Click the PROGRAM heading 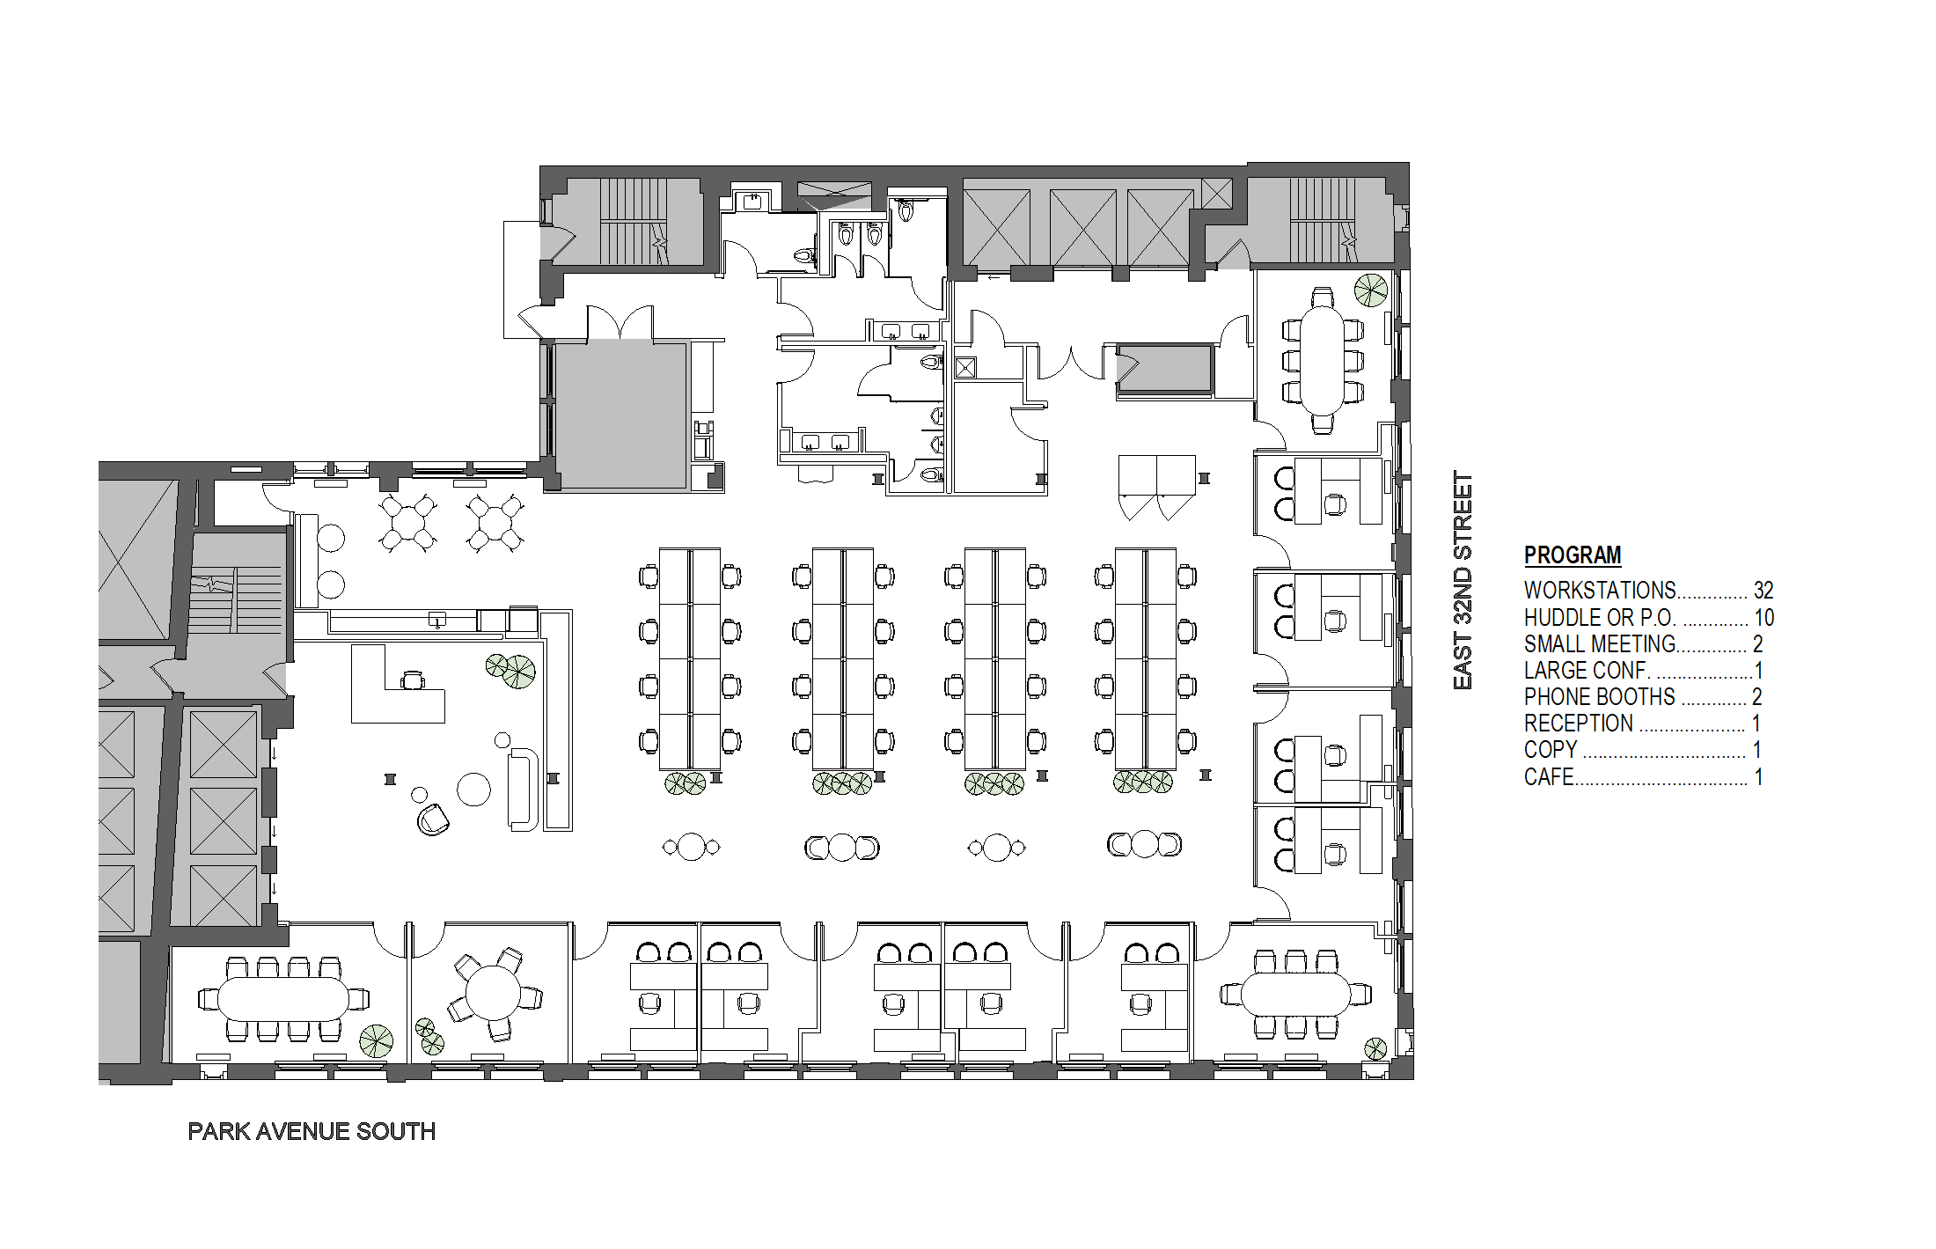click(x=1573, y=555)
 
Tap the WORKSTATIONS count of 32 click(x=1764, y=590)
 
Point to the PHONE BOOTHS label click(x=1600, y=696)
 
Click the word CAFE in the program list click(x=1549, y=776)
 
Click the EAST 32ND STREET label click(x=1463, y=580)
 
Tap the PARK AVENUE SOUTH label click(x=312, y=1131)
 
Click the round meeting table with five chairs click(x=493, y=992)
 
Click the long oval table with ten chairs click(x=282, y=999)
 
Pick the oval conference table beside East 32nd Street click(x=1322, y=361)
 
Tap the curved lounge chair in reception click(x=433, y=819)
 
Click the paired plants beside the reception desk click(x=511, y=670)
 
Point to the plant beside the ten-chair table click(x=377, y=1040)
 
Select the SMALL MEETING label click(x=1600, y=643)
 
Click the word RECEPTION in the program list click(x=1579, y=723)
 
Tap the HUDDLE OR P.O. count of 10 click(x=1764, y=617)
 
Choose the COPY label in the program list click(x=1551, y=749)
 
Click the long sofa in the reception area click(x=523, y=790)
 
